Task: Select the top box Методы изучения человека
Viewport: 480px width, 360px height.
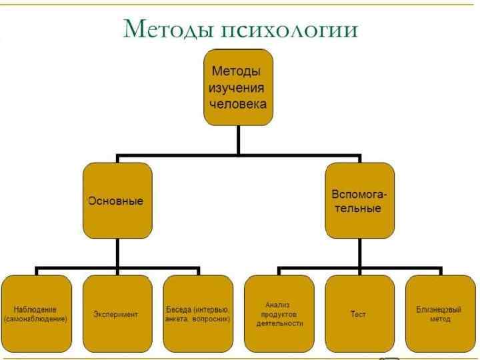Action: (238, 87)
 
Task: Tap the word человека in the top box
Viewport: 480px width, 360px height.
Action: (238, 104)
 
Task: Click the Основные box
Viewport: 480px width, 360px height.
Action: (117, 201)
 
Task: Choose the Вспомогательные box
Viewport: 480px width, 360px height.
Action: (359, 201)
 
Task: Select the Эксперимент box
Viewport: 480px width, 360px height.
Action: (117, 313)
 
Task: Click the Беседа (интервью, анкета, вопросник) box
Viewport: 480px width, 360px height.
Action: (197, 313)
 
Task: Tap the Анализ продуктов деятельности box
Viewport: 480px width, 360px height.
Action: (279, 313)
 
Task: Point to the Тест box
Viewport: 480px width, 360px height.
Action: (359, 313)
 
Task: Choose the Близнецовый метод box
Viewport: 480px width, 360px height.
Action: (440, 313)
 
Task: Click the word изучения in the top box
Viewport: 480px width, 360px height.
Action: (237, 87)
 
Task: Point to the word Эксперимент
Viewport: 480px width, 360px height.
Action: (116, 314)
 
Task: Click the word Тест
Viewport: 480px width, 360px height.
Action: (358, 314)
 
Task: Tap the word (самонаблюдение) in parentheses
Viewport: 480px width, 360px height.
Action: (36, 319)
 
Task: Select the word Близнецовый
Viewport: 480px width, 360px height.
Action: (439, 309)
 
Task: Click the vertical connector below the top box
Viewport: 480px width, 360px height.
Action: (238, 140)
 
